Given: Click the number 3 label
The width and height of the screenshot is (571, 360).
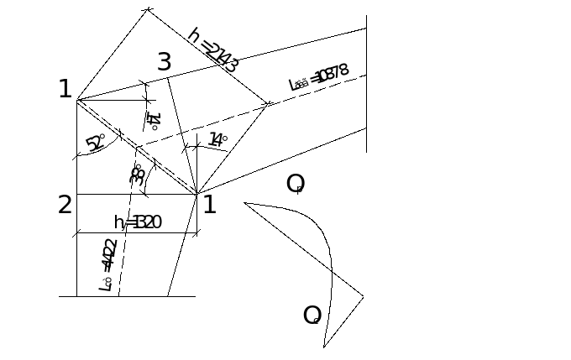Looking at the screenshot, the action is [x=165, y=61].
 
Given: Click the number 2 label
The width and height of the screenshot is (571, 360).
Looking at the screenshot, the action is [x=65, y=204].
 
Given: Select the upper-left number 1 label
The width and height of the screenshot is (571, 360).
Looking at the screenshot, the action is [x=65, y=89].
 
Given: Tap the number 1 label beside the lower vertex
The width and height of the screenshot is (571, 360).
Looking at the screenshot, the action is [x=209, y=204].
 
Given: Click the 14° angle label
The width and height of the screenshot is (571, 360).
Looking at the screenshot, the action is [x=217, y=140].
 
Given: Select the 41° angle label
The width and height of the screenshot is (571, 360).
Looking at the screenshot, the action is [x=154, y=120].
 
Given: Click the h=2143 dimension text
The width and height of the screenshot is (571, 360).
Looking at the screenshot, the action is [x=213, y=50].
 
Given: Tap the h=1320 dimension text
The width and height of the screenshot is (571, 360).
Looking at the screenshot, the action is [x=138, y=222].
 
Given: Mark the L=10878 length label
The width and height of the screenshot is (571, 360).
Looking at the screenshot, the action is [x=318, y=77].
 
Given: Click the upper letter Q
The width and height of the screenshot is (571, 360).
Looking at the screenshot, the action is [x=295, y=183].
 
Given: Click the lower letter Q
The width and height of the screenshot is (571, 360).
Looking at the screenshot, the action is [x=312, y=315].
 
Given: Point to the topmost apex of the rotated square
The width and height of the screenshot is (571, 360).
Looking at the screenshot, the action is [x=149, y=9].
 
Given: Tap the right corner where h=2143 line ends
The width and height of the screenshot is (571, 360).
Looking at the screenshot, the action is [x=268, y=105].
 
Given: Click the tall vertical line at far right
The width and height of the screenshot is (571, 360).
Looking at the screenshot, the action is [x=367, y=84].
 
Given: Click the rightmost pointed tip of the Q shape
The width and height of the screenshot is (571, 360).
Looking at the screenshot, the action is [x=364, y=296].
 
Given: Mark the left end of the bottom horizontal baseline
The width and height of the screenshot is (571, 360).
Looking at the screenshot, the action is [x=60, y=296].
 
